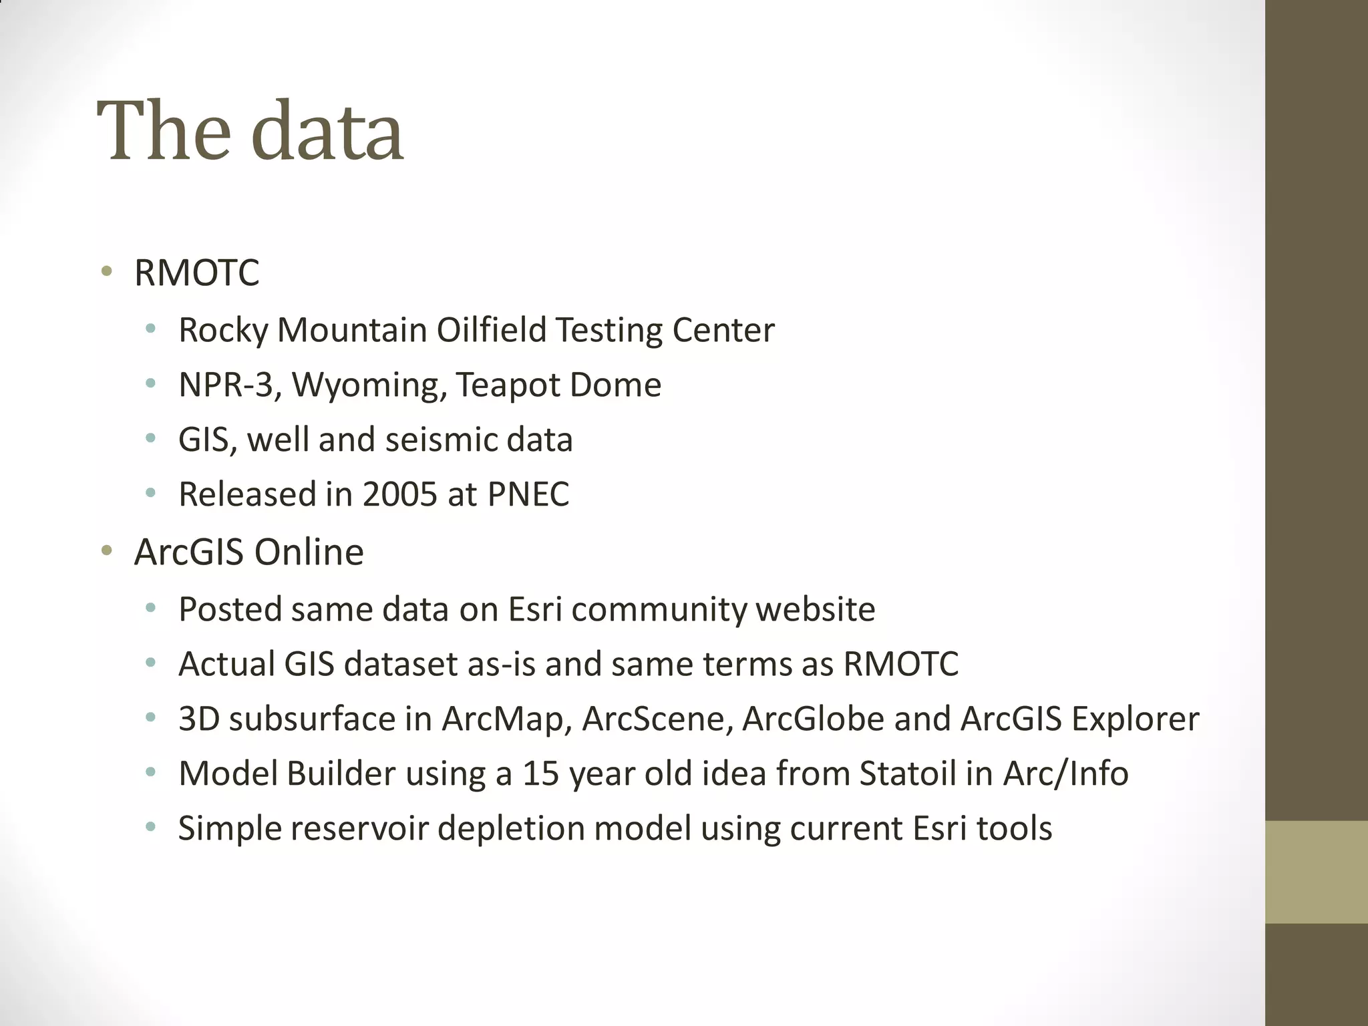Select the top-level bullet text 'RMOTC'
coord(196,273)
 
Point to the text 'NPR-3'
coord(226,385)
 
